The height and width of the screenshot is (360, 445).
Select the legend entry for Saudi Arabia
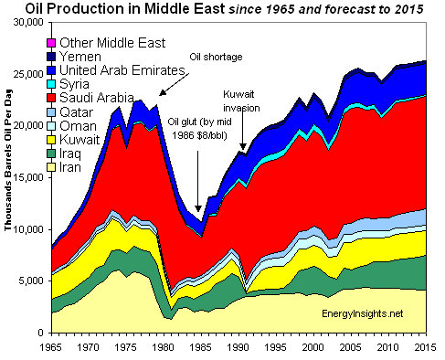[x=97, y=97]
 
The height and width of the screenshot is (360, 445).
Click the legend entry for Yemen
[x=77, y=57]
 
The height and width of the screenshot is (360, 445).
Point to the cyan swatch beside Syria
[x=51, y=84]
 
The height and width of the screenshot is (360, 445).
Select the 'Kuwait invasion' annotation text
[x=242, y=101]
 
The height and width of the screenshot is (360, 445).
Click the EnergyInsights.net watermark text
[x=364, y=313]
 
